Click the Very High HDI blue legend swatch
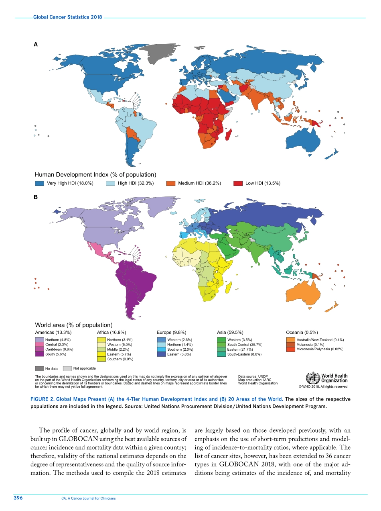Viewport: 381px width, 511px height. (39, 183)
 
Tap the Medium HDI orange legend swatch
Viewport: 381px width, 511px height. (171, 183)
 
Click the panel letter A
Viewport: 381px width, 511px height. (35, 45)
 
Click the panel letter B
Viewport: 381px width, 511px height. (35, 197)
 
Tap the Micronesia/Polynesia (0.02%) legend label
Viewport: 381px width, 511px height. (320, 350)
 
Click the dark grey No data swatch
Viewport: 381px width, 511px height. (39, 368)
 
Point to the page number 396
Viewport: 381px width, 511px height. (18, 498)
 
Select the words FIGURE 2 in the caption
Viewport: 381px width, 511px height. (42, 399)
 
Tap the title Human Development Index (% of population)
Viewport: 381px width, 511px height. (95, 174)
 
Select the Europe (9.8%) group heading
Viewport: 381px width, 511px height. (171, 332)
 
